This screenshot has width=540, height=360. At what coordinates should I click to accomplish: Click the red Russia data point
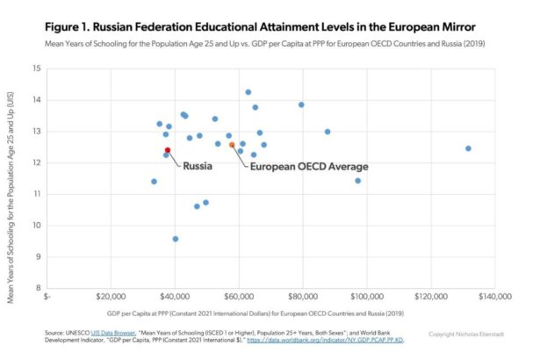[167, 150]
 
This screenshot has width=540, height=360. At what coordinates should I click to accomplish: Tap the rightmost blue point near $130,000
[468, 148]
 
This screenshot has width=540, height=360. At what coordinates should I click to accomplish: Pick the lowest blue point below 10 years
[176, 239]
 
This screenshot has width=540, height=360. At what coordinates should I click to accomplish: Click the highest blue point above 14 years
[248, 92]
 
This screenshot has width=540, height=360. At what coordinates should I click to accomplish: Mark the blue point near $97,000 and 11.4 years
[357, 181]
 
